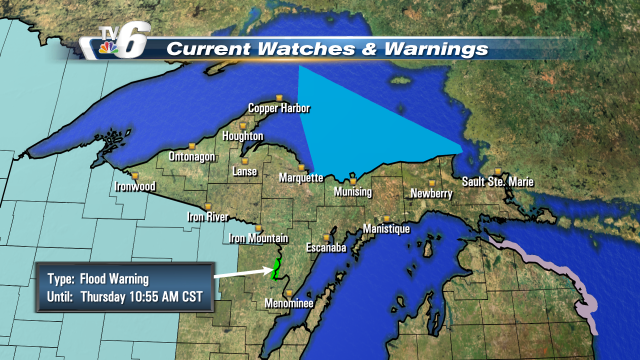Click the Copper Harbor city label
point(278,108)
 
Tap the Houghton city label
point(243,136)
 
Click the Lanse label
point(244,171)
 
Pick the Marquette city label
point(299,178)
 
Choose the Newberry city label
point(430,193)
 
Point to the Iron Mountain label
point(258,238)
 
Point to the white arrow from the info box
point(240,271)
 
